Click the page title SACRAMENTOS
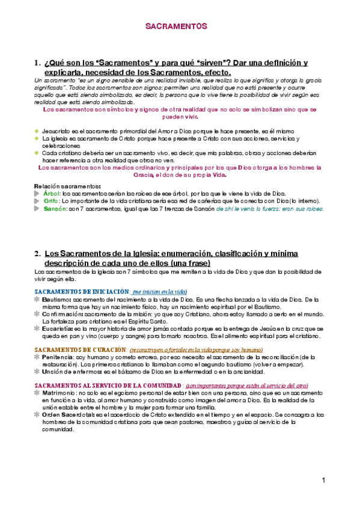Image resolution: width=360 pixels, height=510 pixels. click(177, 27)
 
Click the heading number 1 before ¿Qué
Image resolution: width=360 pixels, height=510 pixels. click(37, 63)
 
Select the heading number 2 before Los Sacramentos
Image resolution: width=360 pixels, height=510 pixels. click(37, 254)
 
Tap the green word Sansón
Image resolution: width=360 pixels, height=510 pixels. click(55, 209)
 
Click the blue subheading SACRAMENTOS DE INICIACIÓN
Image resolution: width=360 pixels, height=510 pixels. click(79, 291)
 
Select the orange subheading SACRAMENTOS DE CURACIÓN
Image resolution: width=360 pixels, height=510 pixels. click(76, 349)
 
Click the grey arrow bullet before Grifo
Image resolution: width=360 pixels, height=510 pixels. click(38, 201)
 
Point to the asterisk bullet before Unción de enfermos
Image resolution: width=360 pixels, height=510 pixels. click(38, 372)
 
